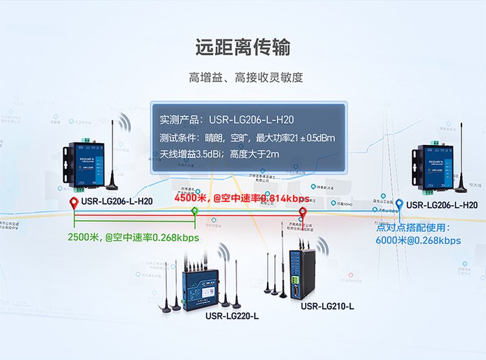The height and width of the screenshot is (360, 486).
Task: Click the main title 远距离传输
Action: tap(242, 47)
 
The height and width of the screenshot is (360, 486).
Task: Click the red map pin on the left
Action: tap(73, 205)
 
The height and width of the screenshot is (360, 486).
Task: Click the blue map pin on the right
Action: tap(400, 205)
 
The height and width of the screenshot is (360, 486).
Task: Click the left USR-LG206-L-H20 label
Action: tap(117, 202)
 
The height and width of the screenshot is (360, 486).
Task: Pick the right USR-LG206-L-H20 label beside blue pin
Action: tap(443, 205)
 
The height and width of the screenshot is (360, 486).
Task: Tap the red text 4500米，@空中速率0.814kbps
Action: tap(242, 198)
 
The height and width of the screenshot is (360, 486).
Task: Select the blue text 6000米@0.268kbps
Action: tap(418, 240)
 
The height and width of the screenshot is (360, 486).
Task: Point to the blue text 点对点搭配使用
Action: tap(413, 228)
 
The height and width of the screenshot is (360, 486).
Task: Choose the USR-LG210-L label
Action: tap(327, 305)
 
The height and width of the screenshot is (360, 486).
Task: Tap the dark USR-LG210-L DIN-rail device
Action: tap(303, 269)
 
